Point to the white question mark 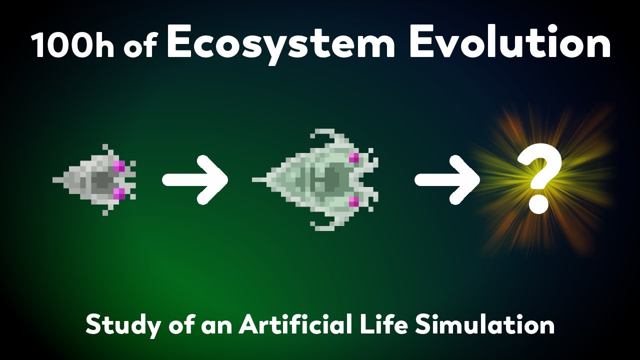click(539, 179)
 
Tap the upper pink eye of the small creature click(119, 166)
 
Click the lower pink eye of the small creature click(119, 193)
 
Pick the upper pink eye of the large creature click(354, 158)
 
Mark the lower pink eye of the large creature click(354, 201)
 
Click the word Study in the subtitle click(116, 325)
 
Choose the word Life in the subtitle click(380, 325)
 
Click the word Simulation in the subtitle click(485, 325)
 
